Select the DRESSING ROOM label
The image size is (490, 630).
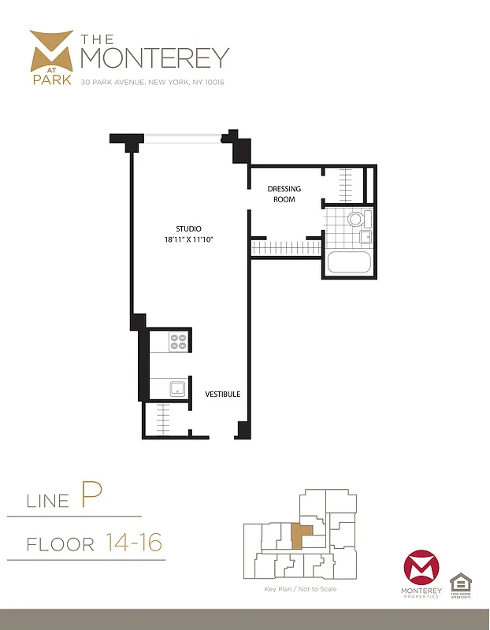pos(281,194)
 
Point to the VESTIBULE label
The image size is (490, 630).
pos(223,394)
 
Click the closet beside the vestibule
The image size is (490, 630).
pos(166,417)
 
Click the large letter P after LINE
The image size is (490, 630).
pos(91,496)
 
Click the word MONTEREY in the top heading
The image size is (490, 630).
pos(154,57)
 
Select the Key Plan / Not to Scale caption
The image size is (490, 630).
pos(300,589)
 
